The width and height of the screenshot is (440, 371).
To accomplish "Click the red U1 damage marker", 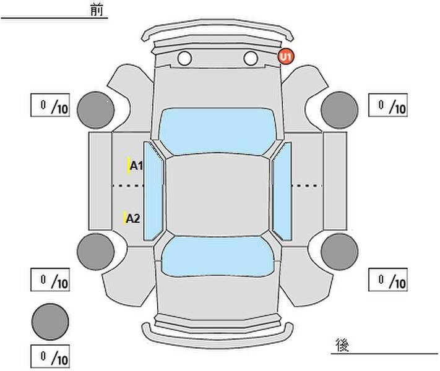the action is click(x=286, y=57).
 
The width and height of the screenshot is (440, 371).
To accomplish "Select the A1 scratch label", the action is click(x=136, y=166).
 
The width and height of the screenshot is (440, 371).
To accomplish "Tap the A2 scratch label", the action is click(x=132, y=218).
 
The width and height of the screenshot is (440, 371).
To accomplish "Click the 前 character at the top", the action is click(x=97, y=10).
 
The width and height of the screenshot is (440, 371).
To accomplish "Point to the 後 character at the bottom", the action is click(x=342, y=345).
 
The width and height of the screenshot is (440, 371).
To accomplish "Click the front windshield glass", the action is click(x=217, y=131).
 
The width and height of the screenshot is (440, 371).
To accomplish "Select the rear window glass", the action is click(x=218, y=257).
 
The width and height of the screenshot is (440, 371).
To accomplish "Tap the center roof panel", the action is click(x=217, y=195).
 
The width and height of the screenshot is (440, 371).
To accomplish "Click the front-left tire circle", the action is click(x=96, y=110).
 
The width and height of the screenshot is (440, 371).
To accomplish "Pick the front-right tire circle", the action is click(x=340, y=110).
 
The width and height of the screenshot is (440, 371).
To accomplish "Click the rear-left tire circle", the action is click(x=96, y=252).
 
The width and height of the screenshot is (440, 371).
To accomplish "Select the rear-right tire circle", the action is click(x=340, y=252).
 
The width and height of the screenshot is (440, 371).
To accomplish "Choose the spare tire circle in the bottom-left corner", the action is click(x=50, y=322).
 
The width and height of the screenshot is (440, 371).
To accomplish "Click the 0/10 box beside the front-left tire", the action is click(x=50, y=105).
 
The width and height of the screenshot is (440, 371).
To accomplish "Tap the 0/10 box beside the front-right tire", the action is click(x=388, y=105).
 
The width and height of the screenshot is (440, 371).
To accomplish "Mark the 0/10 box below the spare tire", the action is click(x=50, y=356).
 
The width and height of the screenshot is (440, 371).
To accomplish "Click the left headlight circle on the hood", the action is click(x=184, y=58).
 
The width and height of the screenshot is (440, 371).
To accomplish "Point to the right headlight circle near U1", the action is click(x=251, y=58).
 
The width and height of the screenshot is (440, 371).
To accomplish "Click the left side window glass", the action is click(x=153, y=191).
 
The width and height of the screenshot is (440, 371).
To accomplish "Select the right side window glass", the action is click(x=282, y=191).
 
